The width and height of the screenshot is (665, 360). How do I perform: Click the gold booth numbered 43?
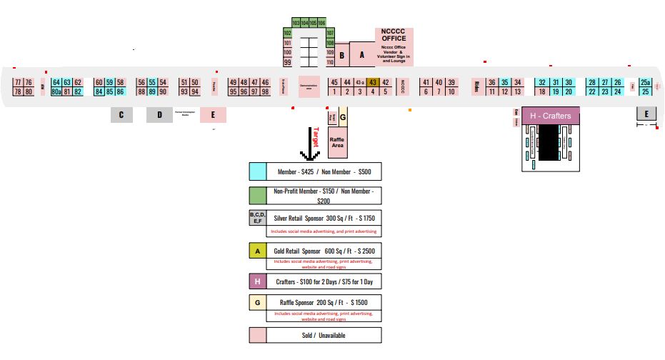click(x=372, y=82)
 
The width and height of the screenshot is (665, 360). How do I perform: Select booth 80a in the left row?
click(x=56, y=91)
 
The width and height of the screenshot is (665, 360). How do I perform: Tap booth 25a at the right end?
click(x=646, y=82)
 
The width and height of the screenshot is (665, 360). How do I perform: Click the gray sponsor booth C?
click(x=121, y=115)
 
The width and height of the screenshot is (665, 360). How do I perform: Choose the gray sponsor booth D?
click(x=159, y=115)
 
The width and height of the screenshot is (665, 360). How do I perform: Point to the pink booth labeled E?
click(x=213, y=115)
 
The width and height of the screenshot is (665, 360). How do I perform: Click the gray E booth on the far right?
click(x=646, y=114)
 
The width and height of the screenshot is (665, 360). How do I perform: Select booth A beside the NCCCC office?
click(x=361, y=54)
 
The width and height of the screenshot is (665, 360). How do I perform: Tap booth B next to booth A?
click(x=343, y=54)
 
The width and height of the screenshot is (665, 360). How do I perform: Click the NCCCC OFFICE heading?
click(x=394, y=35)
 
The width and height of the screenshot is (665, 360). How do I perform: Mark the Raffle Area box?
click(x=337, y=141)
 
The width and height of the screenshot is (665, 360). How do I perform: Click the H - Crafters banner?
click(x=551, y=116)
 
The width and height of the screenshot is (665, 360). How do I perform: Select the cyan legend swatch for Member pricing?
click(x=257, y=171)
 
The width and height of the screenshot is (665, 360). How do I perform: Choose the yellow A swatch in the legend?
click(x=257, y=251)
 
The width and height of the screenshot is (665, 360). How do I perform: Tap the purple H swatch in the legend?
click(x=257, y=281)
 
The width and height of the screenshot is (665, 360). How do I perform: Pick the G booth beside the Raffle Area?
click(x=343, y=117)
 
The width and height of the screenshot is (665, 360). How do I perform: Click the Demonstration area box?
click(x=309, y=86)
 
